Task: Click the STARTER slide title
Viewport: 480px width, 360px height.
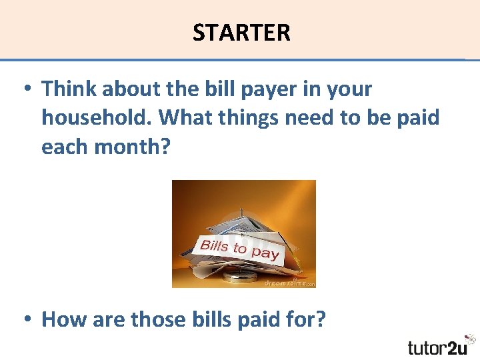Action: pos(241,32)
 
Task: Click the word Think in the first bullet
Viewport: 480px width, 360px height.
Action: pos(70,88)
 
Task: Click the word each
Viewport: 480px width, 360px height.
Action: pos(64,147)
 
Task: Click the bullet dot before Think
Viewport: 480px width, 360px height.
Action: pos(27,89)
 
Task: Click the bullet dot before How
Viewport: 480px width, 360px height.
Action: pos(27,320)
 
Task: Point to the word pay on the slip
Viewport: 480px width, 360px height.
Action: pos(265,253)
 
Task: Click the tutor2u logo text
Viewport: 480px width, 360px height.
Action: pos(437,347)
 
